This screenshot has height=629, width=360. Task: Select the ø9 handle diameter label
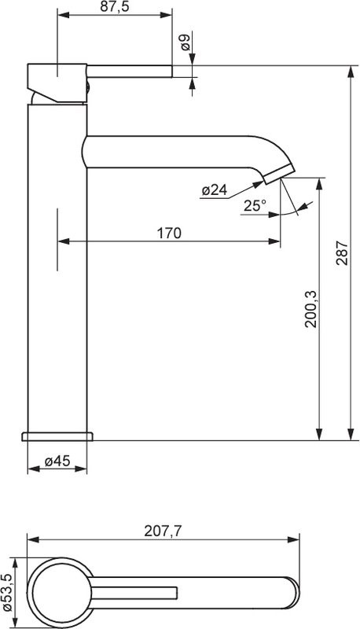coord(184,42)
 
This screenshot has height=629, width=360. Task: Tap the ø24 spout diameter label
coord(214,189)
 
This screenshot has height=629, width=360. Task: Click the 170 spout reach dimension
coord(169,233)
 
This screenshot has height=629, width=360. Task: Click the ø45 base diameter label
coord(57,462)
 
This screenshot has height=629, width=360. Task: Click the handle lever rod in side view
coord(130,72)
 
